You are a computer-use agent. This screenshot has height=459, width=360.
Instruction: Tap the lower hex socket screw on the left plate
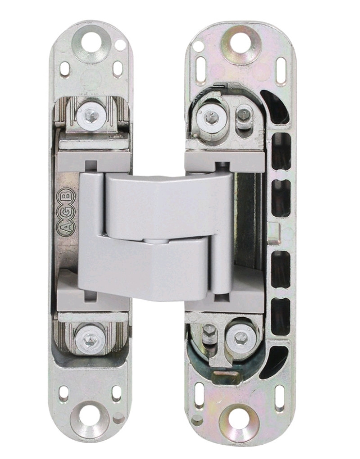tap(87, 339)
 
